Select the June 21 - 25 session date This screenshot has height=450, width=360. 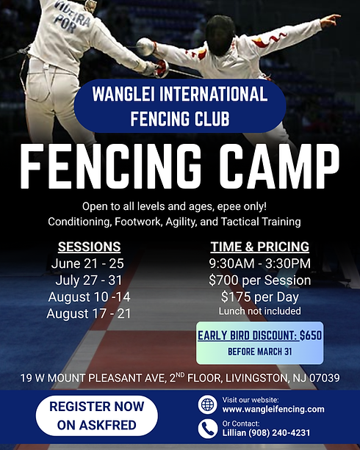87,264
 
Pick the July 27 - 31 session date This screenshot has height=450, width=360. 87,280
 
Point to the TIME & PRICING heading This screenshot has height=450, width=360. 259,247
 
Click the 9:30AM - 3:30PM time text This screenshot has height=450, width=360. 259,264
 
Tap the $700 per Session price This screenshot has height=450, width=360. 259,280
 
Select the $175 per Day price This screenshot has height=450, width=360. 259,297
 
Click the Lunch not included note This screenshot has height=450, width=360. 259,311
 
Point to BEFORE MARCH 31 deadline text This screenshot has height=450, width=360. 259,352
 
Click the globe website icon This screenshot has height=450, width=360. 207,404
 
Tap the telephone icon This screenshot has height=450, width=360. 207,429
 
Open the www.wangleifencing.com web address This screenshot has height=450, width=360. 273,409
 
